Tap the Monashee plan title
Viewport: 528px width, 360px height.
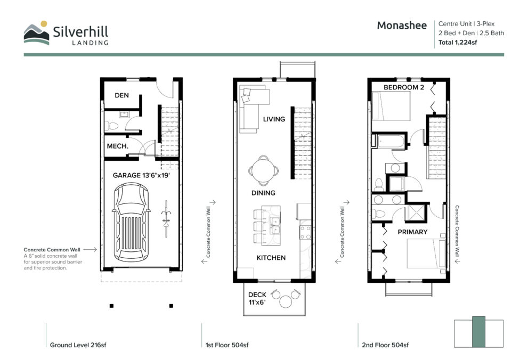point(402,26)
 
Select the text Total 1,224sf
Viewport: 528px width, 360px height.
point(458,43)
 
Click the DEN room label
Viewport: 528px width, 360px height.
point(121,95)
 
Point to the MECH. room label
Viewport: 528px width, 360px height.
point(118,146)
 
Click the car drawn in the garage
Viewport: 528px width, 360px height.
point(131,223)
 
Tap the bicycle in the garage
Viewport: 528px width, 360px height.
point(166,219)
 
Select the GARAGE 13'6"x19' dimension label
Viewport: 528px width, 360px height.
point(141,175)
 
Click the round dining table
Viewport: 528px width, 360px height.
point(264,170)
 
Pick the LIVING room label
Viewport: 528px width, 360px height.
point(274,119)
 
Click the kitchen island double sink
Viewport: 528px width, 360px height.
point(275,225)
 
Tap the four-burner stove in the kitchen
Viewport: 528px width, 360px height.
point(305,233)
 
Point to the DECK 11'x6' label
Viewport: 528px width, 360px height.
point(257,298)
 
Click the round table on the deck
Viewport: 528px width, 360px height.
point(286,301)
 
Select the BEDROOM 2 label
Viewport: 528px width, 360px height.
point(404,87)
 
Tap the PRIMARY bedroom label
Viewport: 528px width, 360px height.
point(412,232)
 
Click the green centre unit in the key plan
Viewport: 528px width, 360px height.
point(478,332)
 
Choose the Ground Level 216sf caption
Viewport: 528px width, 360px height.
point(78,345)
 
